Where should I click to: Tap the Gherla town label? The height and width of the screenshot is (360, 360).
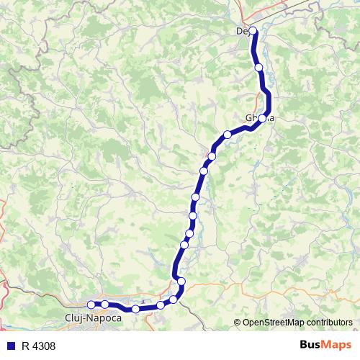coord(260,118)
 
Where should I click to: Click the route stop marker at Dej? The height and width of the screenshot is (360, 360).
coord(253,31)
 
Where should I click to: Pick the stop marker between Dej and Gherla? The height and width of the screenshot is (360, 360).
coord(258,68)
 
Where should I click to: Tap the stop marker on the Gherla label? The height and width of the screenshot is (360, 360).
coord(263,118)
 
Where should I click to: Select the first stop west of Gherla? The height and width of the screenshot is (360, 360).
coord(228,135)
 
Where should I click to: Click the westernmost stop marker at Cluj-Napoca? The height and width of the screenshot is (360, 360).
coord(91,305)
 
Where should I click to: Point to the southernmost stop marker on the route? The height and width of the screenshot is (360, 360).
coord(135,309)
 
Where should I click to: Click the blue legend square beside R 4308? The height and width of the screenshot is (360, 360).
coord(9,346)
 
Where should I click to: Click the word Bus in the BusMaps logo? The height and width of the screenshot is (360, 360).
coord(312,345)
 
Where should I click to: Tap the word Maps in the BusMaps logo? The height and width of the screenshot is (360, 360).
coord(337,345)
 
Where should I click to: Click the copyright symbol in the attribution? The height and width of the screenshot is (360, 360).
coord(237,323)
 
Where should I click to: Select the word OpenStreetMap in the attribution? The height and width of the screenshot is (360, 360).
coord(274,323)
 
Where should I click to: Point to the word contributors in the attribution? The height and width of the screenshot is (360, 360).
coord(330,323)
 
